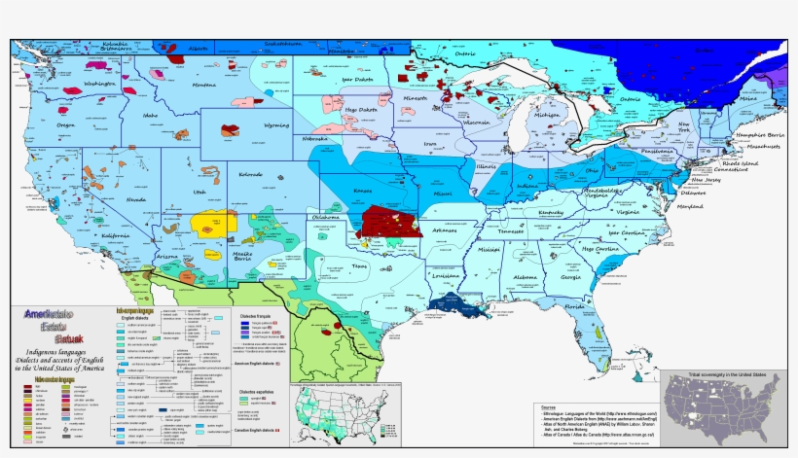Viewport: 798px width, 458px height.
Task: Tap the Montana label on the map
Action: [x=204, y=86]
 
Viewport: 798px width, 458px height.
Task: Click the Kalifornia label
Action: [x=115, y=236]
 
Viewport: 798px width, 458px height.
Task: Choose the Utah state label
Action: [x=199, y=193]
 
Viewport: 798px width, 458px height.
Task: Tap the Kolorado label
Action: [x=250, y=175]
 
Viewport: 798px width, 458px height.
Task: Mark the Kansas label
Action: [x=364, y=191]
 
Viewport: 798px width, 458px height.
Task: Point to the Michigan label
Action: [x=546, y=115]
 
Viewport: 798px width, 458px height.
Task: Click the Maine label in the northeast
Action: [x=747, y=98]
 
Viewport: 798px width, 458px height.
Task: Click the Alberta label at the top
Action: [x=199, y=48]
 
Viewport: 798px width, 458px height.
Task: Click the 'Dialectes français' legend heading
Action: [x=255, y=317]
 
